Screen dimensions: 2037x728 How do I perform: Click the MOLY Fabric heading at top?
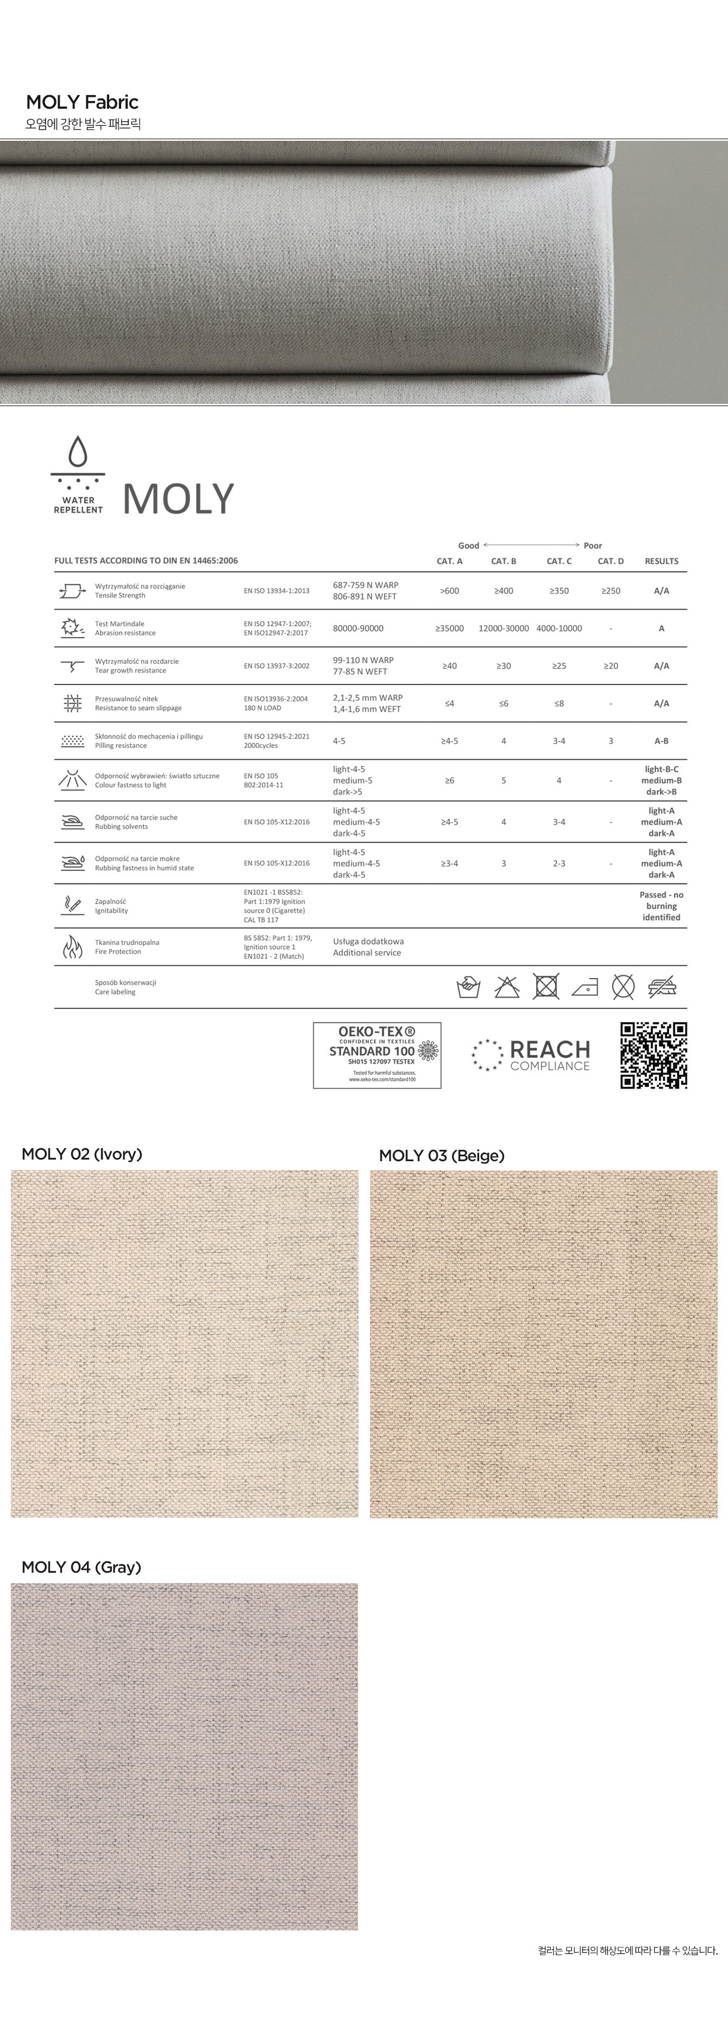click(82, 102)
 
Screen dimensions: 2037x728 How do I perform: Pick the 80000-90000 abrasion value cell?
click(358, 628)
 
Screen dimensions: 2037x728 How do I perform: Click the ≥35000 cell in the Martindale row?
click(450, 628)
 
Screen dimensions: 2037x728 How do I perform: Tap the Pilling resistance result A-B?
click(662, 741)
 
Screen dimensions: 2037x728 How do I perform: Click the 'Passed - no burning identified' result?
click(662, 906)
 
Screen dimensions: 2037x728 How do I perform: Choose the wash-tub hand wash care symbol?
click(469, 987)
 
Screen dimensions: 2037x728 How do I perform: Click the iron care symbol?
click(585, 987)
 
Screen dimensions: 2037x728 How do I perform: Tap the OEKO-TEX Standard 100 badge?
click(377, 1055)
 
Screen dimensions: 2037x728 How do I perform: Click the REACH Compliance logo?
click(531, 1055)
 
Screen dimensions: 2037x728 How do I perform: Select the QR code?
click(654, 1055)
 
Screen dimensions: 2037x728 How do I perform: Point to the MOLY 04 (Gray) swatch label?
click(81, 1567)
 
